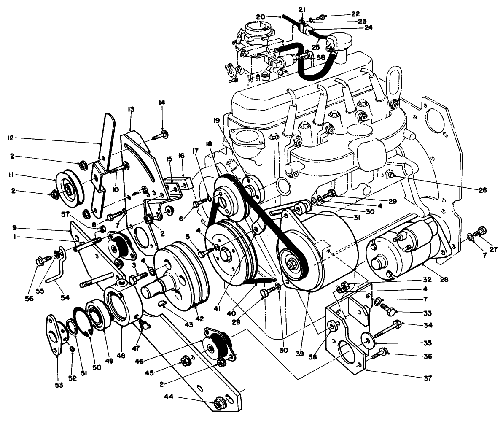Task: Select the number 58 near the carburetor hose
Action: (x=320, y=57)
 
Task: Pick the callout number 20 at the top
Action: (x=260, y=16)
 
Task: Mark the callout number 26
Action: (x=482, y=190)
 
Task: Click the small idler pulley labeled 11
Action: (x=66, y=184)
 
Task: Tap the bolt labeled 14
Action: (x=159, y=135)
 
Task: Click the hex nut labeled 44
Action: (x=219, y=403)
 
